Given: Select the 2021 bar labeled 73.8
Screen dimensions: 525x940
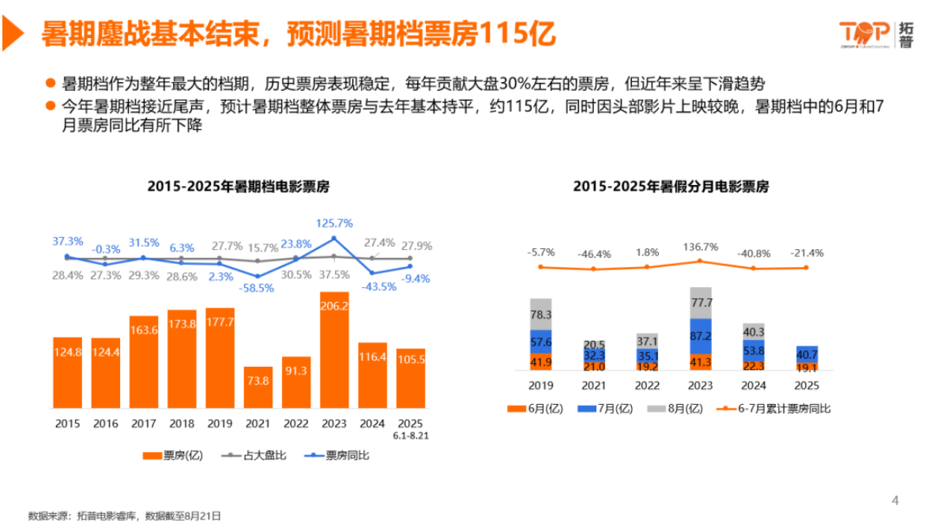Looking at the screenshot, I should pos(258,387).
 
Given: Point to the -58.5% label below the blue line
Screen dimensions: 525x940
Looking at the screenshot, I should pos(258,288).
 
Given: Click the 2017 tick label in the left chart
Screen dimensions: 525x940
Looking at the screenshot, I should pos(144,423).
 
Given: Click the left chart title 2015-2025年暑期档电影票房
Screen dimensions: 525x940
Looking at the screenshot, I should pos(239,187).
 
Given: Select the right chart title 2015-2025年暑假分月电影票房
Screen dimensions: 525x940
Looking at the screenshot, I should pos(671,187).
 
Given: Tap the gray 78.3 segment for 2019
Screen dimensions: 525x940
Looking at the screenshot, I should pos(540,314).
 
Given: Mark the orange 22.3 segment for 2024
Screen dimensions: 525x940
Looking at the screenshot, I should pos(754,364).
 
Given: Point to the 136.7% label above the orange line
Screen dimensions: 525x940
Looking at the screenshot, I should pos(701,247).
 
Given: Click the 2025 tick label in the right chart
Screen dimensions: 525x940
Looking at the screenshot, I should pos(807,386).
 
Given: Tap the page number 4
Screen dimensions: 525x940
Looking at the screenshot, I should pos(895,500).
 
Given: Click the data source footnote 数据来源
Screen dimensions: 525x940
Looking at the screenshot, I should pos(125,516).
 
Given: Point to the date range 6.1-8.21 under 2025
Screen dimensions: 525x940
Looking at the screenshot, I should pos(410,434).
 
